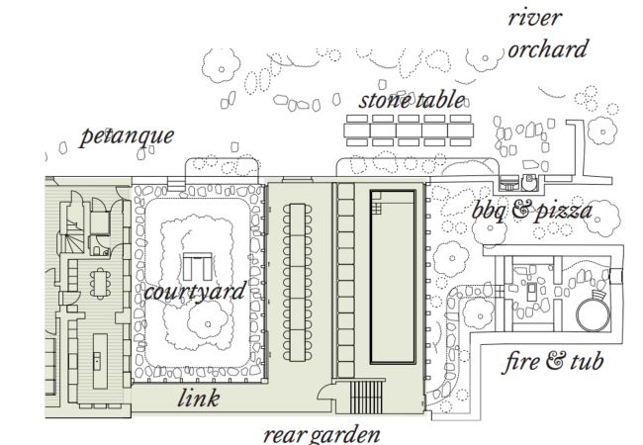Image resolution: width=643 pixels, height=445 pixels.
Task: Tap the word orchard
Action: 547,48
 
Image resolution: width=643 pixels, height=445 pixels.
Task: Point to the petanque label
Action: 128,134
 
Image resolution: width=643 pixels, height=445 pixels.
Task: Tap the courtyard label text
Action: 194,292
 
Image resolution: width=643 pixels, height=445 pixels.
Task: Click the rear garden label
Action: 321,433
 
